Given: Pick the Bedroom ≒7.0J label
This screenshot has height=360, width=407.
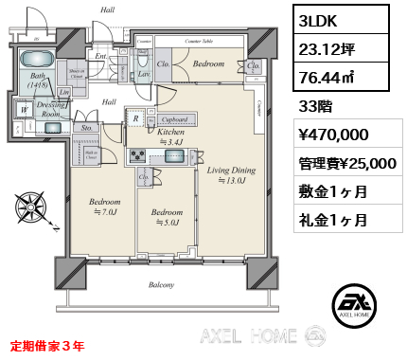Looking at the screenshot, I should point(104,207).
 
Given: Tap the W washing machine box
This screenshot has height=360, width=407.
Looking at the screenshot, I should point(21,110).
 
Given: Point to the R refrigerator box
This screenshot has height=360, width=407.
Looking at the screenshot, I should point(136,118).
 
